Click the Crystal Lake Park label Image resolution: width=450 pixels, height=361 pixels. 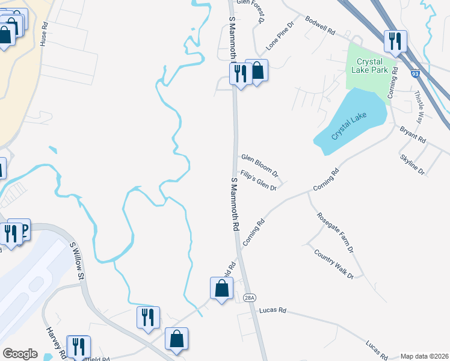[370, 65]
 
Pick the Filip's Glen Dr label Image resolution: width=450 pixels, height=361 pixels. [257, 180]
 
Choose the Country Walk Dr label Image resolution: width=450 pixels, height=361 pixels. [333, 262]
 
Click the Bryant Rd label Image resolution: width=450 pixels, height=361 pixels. [413, 135]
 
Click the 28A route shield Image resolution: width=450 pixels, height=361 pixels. [250, 297]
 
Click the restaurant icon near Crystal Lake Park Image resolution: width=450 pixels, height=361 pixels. [395, 41]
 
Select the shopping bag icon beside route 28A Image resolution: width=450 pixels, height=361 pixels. [221, 288]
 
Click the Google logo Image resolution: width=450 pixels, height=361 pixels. [20, 354]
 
